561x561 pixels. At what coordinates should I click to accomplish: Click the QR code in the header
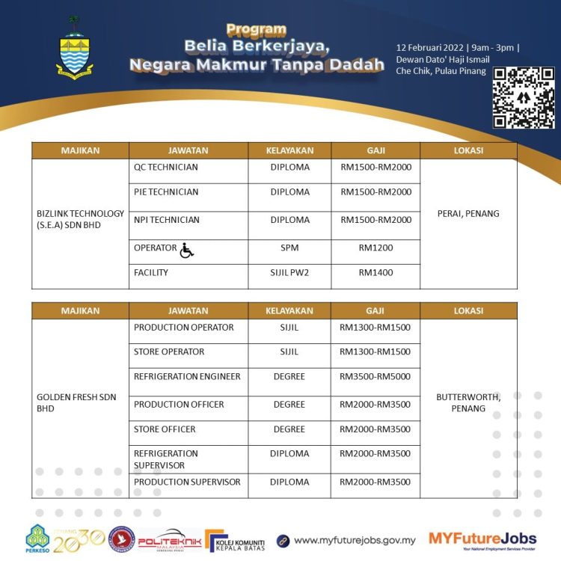click(x=524, y=97)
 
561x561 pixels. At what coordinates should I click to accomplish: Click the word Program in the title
click(x=257, y=30)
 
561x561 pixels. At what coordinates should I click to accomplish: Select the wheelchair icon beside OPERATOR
click(x=186, y=251)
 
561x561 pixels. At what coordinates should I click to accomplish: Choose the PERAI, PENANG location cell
click(x=468, y=214)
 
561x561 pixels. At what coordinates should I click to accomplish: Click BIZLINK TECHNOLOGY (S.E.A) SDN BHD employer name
click(x=79, y=218)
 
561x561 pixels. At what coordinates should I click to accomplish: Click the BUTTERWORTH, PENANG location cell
click(x=468, y=403)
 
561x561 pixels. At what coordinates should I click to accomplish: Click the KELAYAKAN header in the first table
click(x=289, y=150)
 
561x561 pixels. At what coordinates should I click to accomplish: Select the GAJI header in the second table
click(x=375, y=310)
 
